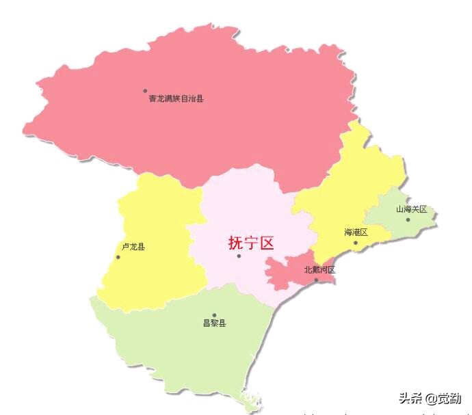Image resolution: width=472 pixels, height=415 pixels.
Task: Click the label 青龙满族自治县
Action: click(x=176, y=98)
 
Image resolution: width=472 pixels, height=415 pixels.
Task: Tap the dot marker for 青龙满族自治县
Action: click(x=145, y=90)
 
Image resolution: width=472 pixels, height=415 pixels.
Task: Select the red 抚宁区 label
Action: click(x=251, y=243)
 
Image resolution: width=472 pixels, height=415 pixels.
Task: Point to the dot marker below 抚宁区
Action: click(x=239, y=256)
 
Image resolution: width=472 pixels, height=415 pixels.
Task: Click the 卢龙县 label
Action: click(x=133, y=247)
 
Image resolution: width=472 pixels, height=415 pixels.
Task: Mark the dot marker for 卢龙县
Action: click(x=118, y=257)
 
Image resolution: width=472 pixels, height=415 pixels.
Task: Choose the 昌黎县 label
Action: click(x=214, y=323)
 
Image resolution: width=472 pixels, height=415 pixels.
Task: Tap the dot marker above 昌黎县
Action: click(x=214, y=315)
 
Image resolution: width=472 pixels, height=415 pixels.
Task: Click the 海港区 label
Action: click(x=356, y=232)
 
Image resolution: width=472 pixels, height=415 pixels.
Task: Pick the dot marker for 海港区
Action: click(x=355, y=242)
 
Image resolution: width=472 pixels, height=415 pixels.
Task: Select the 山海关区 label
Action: click(x=411, y=209)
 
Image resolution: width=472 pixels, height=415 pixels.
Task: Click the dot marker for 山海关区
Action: click(x=408, y=219)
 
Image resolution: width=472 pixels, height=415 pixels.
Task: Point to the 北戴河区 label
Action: click(x=320, y=270)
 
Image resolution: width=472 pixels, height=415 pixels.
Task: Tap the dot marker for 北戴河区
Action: click(x=316, y=280)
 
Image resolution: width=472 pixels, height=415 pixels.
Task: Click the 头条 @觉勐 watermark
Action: click(x=430, y=398)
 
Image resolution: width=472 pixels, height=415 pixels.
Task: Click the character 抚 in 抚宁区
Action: click(x=235, y=243)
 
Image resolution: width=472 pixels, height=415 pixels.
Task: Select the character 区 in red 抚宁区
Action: click(x=267, y=243)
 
